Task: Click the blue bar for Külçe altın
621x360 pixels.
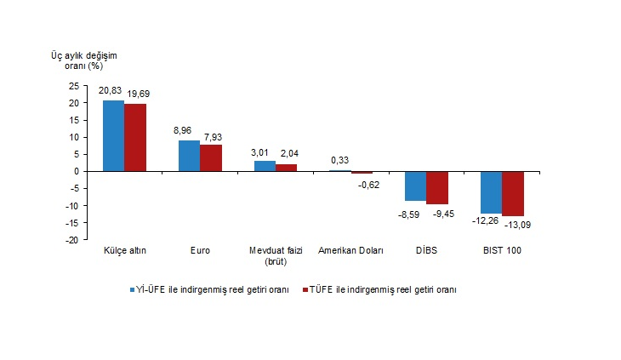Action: pyautogui.click(x=113, y=135)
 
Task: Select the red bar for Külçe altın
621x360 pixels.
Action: pyautogui.click(x=134, y=137)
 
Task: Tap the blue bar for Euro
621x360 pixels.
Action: pyautogui.click(x=189, y=156)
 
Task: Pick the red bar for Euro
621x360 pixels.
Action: pyautogui.click(x=210, y=157)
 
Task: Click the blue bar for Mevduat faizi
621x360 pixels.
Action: pyautogui.click(x=265, y=166)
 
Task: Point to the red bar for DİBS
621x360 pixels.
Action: pyautogui.click(x=437, y=187)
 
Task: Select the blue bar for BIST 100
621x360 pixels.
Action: pyautogui.click(x=491, y=191)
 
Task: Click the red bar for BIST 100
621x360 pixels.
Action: pyautogui.click(x=513, y=193)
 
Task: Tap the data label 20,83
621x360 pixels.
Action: pyautogui.click(x=111, y=89)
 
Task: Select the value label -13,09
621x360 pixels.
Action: pyautogui.click(x=515, y=225)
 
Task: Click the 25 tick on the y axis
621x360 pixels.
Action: pyautogui.click(x=73, y=85)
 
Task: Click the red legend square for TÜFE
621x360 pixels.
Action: pyautogui.click(x=305, y=289)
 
